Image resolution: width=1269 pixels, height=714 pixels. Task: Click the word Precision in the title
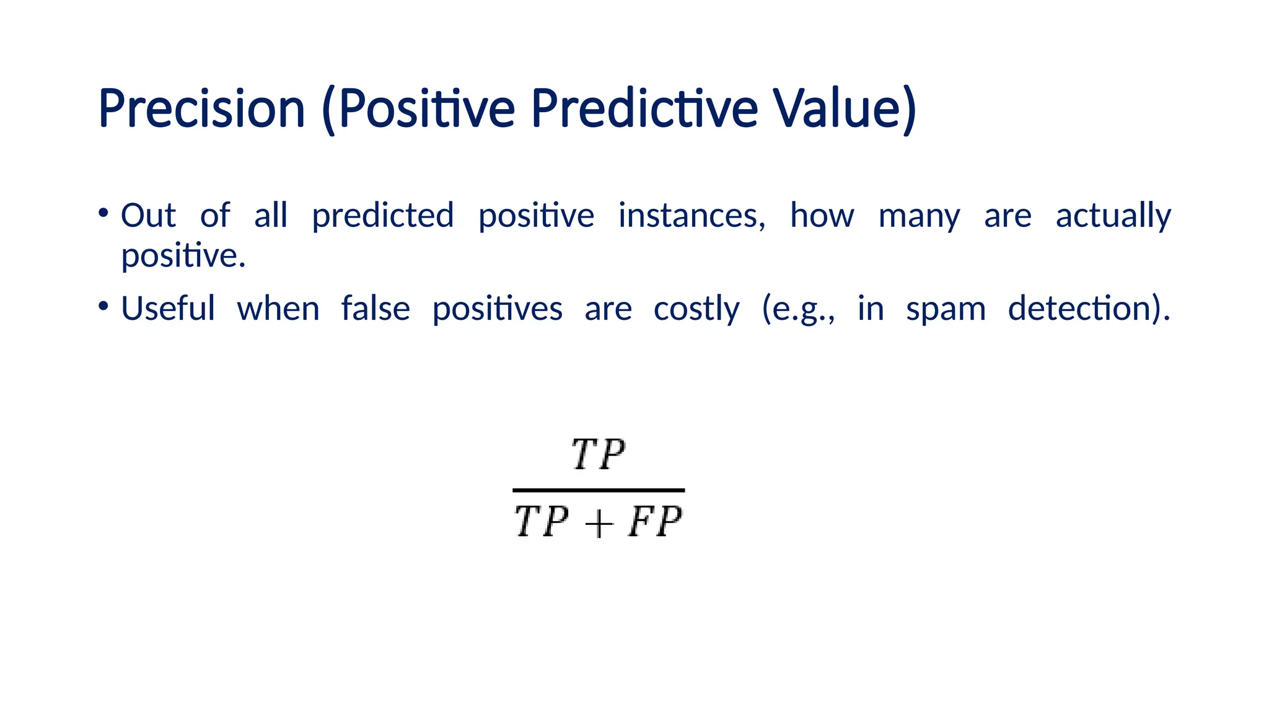(x=201, y=109)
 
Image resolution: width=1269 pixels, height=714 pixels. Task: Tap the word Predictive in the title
(x=644, y=109)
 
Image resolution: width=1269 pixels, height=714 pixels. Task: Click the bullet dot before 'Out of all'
(x=103, y=213)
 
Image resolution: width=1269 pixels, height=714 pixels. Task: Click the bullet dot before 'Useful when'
(x=103, y=306)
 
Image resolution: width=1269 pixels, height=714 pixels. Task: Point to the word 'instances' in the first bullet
(x=692, y=216)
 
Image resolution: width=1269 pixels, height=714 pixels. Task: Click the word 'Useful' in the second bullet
(x=168, y=308)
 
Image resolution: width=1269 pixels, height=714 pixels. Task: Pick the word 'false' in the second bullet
(x=375, y=308)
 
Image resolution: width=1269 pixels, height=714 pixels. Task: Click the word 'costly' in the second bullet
(x=696, y=309)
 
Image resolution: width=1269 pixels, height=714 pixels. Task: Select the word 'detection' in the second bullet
(x=1081, y=308)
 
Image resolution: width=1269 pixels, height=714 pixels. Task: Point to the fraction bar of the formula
(x=599, y=490)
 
